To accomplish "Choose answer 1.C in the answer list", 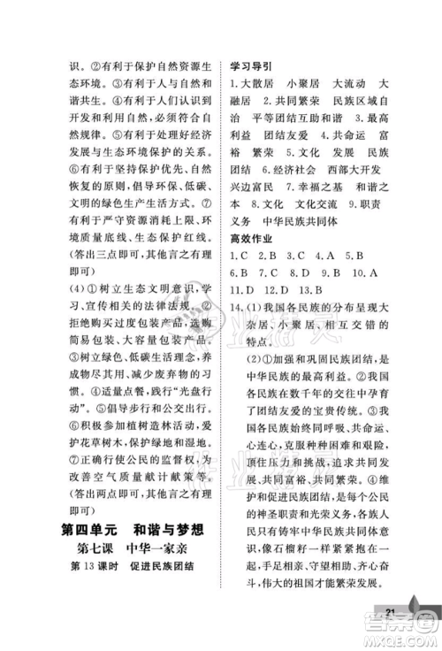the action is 240,257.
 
